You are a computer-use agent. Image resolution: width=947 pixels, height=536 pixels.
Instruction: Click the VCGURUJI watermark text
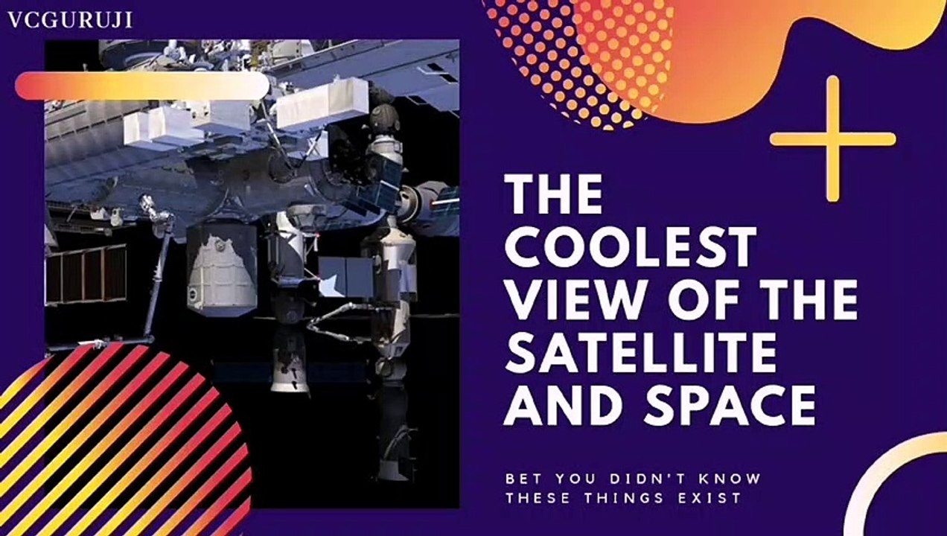(x=70, y=20)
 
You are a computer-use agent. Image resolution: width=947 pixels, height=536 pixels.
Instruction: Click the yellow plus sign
(x=832, y=138)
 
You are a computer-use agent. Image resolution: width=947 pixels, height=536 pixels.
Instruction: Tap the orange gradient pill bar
(x=141, y=86)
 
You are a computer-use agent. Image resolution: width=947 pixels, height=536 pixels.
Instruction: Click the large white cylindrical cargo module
(x=221, y=270)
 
